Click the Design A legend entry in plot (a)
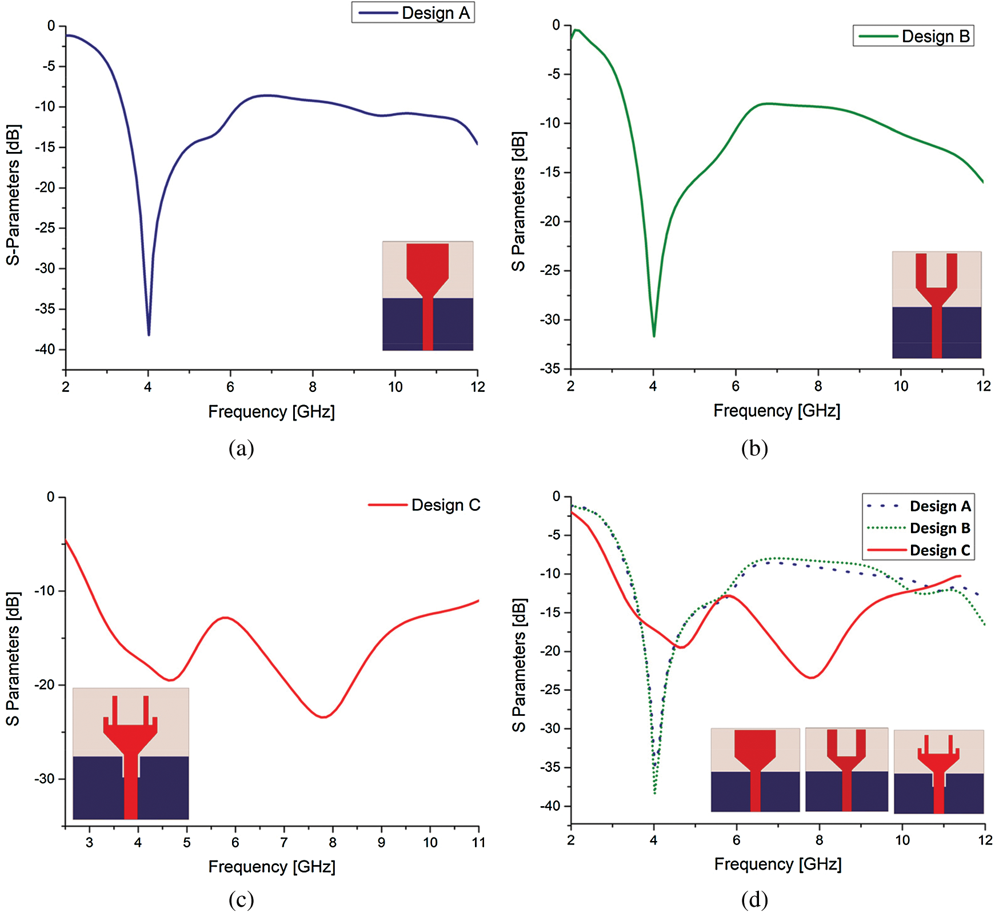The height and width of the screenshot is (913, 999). point(435,13)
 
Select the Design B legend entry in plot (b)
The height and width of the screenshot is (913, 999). point(935,37)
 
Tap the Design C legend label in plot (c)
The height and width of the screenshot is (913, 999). point(445,505)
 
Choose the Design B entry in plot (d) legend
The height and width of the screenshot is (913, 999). point(940,528)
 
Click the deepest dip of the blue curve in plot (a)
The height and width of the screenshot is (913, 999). point(149,334)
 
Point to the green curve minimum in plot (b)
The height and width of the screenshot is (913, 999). point(654,336)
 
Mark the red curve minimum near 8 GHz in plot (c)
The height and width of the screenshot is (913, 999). point(323,717)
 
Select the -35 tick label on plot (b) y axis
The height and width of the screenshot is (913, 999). point(550,369)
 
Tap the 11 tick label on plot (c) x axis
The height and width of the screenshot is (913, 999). point(478,842)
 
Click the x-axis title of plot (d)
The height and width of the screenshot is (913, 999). point(777,864)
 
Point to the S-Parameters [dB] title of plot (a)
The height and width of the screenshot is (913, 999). point(13,194)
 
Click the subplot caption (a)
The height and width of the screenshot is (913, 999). point(241,449)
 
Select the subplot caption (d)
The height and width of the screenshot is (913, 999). point(754,900)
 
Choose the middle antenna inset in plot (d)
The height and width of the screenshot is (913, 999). point(846,769)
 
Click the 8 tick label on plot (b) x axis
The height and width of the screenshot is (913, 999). point(818,386)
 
